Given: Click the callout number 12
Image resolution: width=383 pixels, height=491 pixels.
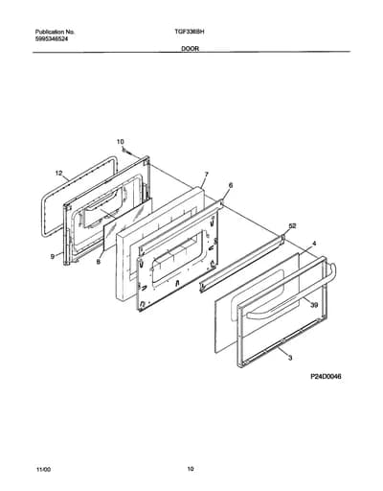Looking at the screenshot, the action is [x=58, y=173].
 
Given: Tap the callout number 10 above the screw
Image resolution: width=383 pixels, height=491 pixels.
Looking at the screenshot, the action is [x=120, y=141].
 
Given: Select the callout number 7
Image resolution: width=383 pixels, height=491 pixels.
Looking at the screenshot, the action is [x=207, y=175].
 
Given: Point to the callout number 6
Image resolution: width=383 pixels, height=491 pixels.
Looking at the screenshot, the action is [x=231, y=185].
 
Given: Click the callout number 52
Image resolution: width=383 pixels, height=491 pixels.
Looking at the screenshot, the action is [x=292, y=226].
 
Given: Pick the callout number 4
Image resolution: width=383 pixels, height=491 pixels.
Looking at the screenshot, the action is [x=314, y=244].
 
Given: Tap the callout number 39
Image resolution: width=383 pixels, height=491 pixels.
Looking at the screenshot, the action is [x=314, y=305].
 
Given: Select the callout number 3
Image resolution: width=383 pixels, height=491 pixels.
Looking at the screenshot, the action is [x=290, y=358].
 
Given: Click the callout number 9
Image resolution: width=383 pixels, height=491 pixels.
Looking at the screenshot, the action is [x=53, y=256].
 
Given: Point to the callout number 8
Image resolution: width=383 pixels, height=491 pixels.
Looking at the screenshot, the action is [x=99, y=262].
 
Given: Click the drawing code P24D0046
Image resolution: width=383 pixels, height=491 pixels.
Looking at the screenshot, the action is [x=326, y=377].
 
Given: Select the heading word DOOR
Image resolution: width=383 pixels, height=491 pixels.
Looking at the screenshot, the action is [x=191, y=49].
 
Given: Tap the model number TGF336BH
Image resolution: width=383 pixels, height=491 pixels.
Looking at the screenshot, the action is [x=190, y=32].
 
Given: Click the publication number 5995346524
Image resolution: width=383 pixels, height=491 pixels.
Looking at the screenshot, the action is [x=51, y=38].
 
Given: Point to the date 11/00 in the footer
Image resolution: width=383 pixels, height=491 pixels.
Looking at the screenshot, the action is [x=43, y=470].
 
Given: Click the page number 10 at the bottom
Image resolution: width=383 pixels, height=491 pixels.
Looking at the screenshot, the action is [x=191, y=469].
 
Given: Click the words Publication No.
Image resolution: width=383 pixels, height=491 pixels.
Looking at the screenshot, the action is [x=55, y=32].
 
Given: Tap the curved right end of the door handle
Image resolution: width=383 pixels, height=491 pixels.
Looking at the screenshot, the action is [x=332, y=270].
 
